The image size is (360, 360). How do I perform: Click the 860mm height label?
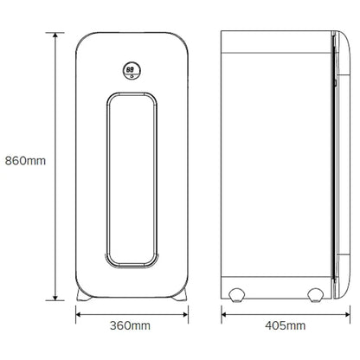[x=25, y=161]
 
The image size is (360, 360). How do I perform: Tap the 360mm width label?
[x=130, y=325]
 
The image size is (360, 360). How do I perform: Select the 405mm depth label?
[x=286, y=325]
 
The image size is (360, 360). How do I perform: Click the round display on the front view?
[x=132, y=71]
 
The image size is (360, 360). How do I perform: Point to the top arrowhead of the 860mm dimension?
[x=55, y=35]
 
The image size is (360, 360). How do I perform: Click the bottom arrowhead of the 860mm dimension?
[x=55, y=297]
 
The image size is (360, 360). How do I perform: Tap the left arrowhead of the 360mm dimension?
[x=79, y=314]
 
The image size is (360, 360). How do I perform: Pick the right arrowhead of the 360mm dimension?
[x=185, y=314]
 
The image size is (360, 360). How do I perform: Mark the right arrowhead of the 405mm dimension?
[x=347, y=314]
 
